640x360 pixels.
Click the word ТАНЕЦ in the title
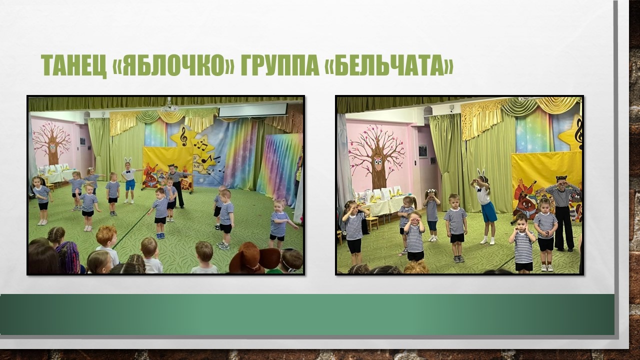click(x=73, y=65)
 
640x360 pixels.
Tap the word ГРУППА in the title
click(x=279, y=65)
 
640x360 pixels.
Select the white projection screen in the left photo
click(x=252, y=110)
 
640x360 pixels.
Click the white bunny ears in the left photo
click(x=127, y=160)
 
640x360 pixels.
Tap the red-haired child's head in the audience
click(x=106, y=236)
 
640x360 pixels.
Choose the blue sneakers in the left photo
click(x=160, y=235)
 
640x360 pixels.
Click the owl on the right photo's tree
click(x=378, y=163)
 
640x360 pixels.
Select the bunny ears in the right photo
click(x=481, y=173)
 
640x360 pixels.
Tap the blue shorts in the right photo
click(x=489, y=211)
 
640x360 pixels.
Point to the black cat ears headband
click(x=561, y=179)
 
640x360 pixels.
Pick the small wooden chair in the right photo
click(x=371, y=223)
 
